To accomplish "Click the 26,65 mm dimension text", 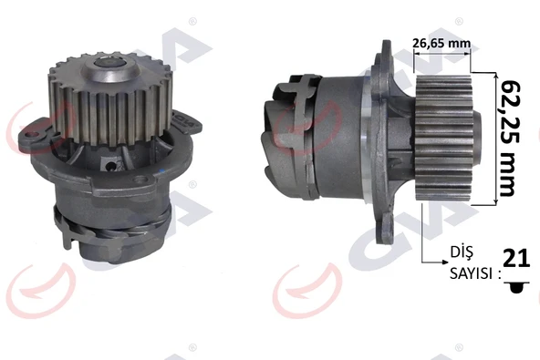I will tap(442, 41).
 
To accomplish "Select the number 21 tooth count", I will tap(516, 260).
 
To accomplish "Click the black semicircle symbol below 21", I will tap(516, 286).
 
